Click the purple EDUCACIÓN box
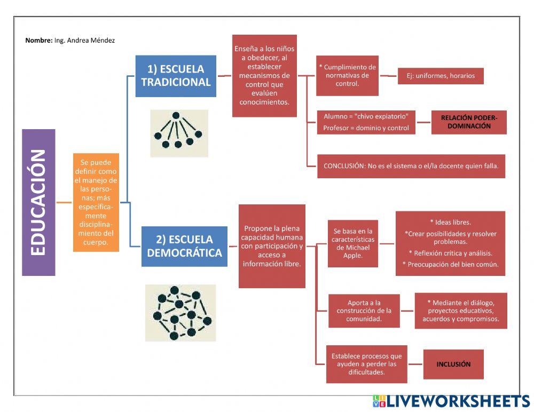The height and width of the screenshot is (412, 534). click(x=38, y=202)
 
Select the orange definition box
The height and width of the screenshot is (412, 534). click(x=97, y=202)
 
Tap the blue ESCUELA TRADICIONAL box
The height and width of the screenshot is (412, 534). click(x=176, y=76)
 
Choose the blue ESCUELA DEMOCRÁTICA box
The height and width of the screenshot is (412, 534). click(x=184, y=246)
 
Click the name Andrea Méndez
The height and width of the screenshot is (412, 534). click(x=85, y=40)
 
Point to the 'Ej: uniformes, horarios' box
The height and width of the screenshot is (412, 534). click(x=440, y=76)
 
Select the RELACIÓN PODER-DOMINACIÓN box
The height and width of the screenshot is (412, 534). click(x=469, y=122)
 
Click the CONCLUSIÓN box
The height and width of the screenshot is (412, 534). click(x=411, y=166)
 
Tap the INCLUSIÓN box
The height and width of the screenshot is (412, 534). click(x=453, y=365)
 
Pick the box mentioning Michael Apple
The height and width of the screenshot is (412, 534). click(x=353, y=243)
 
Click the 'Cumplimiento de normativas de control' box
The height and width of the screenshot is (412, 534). click(x=347, y=75)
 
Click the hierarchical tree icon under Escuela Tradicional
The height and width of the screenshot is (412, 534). click(x=178, y=133)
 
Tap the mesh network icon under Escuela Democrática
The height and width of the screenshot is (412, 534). click(x=180, y=313)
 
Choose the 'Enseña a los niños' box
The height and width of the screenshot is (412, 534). click(x=264, y=75)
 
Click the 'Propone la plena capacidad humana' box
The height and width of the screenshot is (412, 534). click(x=272, y=246)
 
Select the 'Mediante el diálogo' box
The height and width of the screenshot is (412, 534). click(x=460, y=311)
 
